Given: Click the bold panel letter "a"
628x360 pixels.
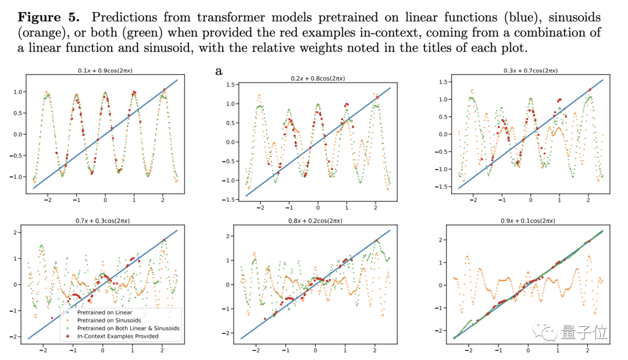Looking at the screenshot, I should (x=219, y=71).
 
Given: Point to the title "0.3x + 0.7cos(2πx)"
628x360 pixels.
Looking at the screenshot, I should (x=530, y=71).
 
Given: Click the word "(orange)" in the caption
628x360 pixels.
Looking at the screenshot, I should (x=40, y=33).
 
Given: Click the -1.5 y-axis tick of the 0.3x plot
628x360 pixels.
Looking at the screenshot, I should (x=443, y=187).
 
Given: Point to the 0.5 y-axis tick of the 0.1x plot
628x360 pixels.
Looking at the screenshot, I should (x=19, y=113).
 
